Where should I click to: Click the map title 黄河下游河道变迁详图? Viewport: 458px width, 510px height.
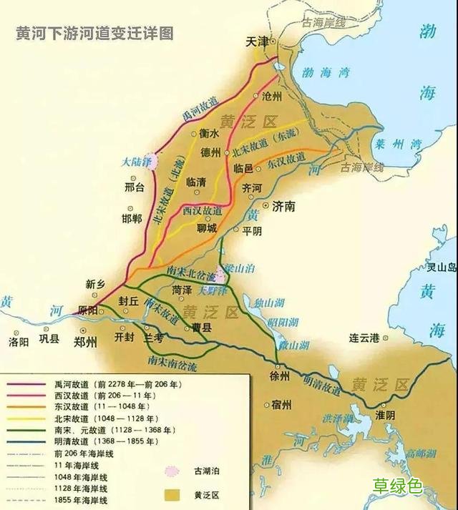(x=94, y=34)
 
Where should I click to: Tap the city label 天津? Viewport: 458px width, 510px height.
(x=257, y=42)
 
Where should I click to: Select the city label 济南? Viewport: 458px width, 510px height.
(x=284, y=206)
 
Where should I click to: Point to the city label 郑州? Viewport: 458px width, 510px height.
(x=84, y=342)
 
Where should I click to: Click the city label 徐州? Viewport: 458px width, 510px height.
(x=280, y=376)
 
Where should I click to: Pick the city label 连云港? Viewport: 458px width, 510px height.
(x=364, y=337)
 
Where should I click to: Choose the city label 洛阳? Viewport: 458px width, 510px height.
(x=19, y=342)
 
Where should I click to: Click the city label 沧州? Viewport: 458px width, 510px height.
(x=272, y=96)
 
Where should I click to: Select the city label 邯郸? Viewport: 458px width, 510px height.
(x=132, y=217)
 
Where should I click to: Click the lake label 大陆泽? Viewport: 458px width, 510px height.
(x=136, y=162)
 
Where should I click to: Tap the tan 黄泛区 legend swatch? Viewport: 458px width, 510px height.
(x=172, y=494)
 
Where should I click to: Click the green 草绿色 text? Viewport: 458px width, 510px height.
(x=397, y=486)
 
